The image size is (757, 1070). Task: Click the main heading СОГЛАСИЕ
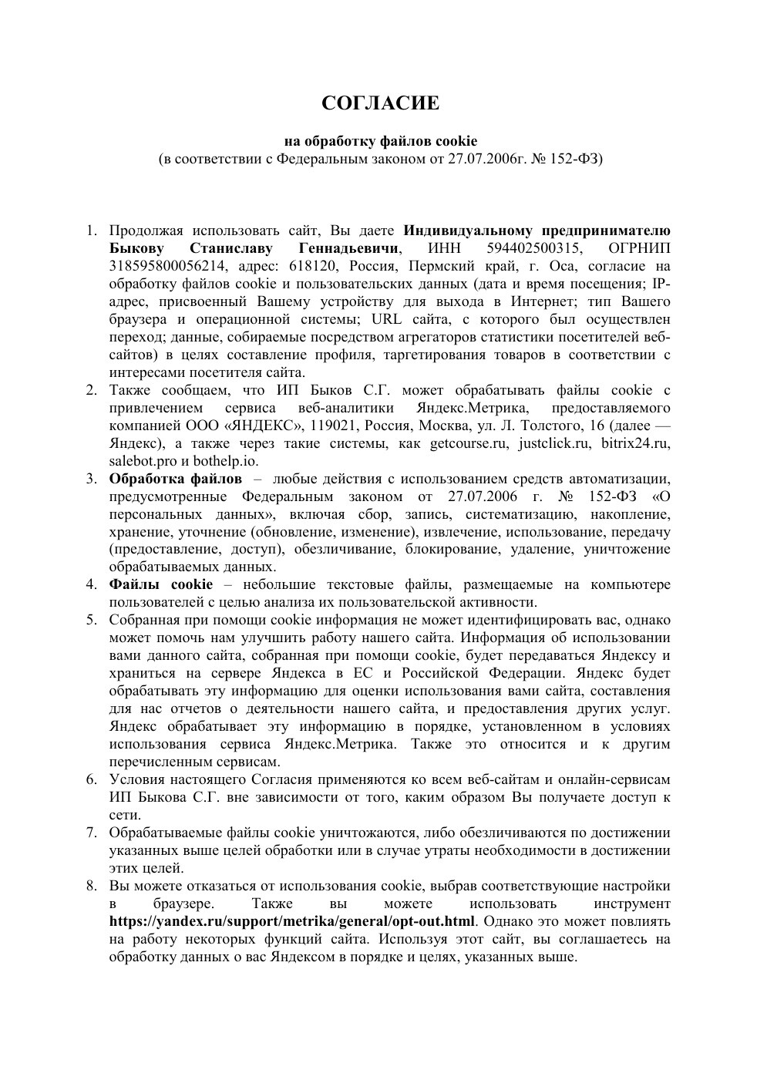click(379, 103)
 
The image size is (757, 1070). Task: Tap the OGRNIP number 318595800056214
click(167, 266)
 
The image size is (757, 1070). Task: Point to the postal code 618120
click(308, 266)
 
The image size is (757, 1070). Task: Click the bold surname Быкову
click(136, 248)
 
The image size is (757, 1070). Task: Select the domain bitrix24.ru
click(635, 443)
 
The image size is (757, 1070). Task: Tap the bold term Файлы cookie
click(160, 584)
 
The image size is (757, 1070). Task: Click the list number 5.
click(91, 620)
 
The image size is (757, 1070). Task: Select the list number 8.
click(91, 886)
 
